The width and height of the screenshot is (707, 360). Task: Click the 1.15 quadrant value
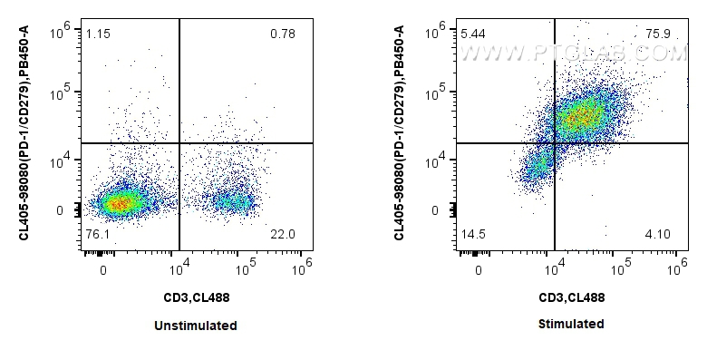coord(98,34)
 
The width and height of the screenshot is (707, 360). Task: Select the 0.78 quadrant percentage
coord(283,34)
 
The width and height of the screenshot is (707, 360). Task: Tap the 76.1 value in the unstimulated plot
coord(98,234)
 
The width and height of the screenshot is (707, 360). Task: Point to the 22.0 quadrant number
coord(283,234)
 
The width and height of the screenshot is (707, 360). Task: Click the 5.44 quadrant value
coord(472,34)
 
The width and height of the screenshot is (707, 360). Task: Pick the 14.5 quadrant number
coord(472,234)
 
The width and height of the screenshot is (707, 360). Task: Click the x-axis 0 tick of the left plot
coord(104,269)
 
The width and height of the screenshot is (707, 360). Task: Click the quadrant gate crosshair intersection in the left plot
coord(179,143)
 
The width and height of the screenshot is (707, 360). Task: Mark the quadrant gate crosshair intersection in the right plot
coord(554,143)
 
